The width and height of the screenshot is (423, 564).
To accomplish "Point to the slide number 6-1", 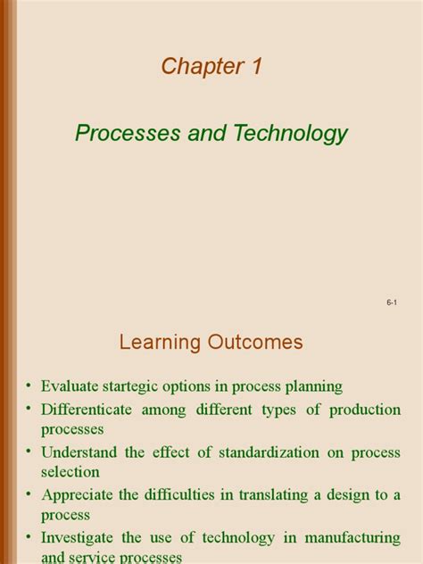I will tap(391, 304).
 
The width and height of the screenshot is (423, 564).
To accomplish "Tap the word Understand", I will tap(80, 452).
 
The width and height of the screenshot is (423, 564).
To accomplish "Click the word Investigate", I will tap(82, 538).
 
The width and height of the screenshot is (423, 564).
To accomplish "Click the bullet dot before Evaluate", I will tap(29, 386).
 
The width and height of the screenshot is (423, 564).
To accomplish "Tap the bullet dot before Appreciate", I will tap(29, 495).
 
